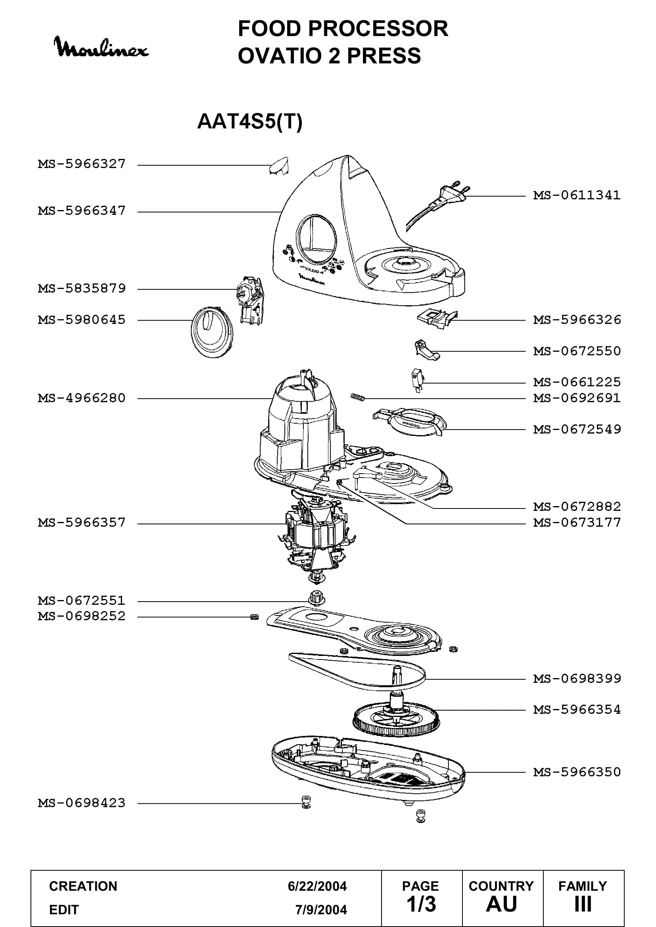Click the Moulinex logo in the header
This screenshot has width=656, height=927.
pyautogui.click(x=101, y=47)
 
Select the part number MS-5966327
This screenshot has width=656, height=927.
pyautogui.click(x=82, y=164)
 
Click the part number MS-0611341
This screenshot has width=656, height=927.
pyautogui.click(x=577, y=195)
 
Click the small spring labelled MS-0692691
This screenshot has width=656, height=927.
pyautogui.click(x=357, y=397)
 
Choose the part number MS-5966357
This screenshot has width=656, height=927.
pyautogui.click(x=82, y=523)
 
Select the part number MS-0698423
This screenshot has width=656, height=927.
pyautogui.click(x=82, y=803)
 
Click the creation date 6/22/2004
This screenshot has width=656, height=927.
pyautogui.click(x=317, y=886)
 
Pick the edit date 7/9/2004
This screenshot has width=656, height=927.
pyautogui.click(x=321, y=910)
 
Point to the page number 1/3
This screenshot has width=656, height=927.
pyautogui.click(x=421, y=904)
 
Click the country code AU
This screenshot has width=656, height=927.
pyautogui.click(x=502, y=904)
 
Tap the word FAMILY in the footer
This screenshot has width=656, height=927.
pyautogui.click(x=583, y=886)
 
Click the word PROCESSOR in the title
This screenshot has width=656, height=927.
pyautogui.click(x=378, y=29)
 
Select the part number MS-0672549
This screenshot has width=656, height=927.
pyautogui.click(x=577, y=429)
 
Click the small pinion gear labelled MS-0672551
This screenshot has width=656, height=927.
pyautogui.click(x=316, y=598)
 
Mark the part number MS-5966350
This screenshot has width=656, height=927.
pyautogui.click(x=577, y=772)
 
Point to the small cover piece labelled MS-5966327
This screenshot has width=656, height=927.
pyautogui.click(x=279, y=166)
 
